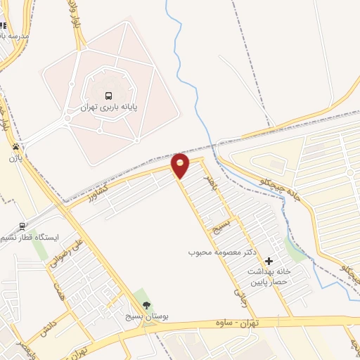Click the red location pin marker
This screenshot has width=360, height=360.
coord(181,165)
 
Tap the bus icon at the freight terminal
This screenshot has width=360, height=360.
coord(108,96)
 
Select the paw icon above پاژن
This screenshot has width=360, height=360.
coord(15,147)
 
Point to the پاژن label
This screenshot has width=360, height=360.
coord(15,159)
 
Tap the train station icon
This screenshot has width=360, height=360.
coord(23,226)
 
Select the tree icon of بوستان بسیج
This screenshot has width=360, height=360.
coord(146,305)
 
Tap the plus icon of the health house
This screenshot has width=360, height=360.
coord(269,262)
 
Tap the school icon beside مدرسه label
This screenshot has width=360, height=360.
coord(4,25)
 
